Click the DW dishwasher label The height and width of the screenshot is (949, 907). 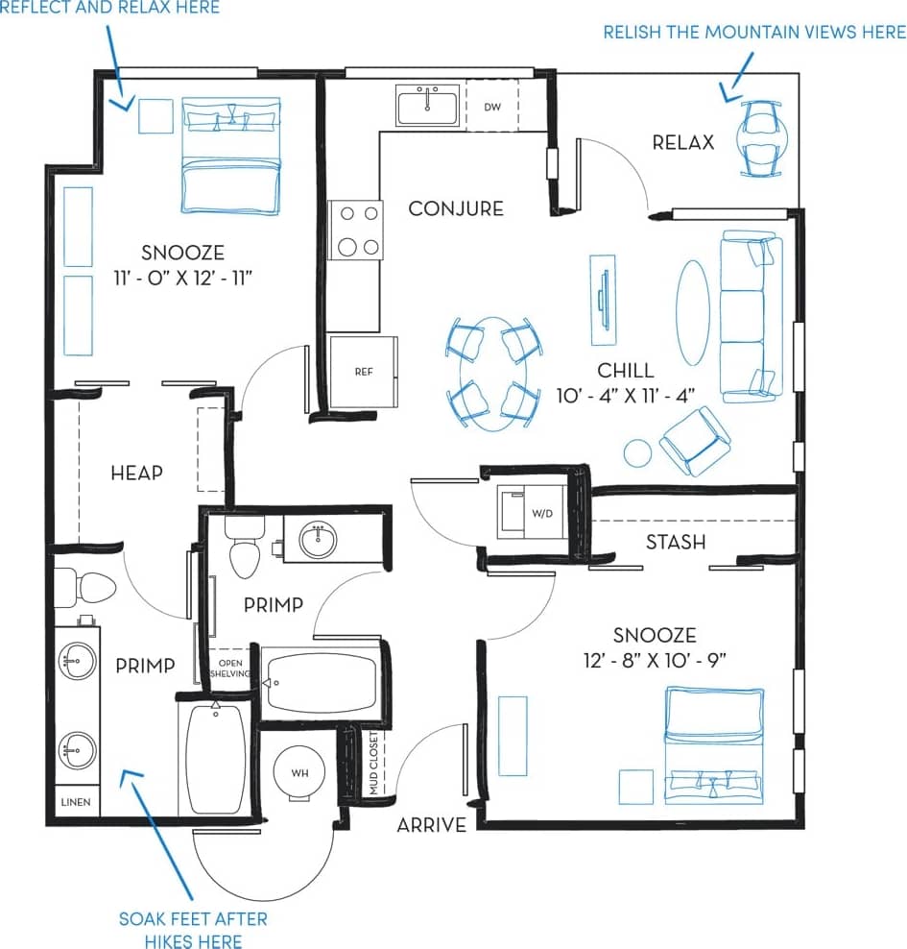[492, 107]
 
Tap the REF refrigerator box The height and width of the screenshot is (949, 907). [363, 372]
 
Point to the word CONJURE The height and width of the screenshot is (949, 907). [456, 208]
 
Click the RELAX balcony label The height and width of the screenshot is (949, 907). [683, 142]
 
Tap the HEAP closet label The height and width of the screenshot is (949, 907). [136, 473]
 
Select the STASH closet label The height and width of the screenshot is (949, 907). [676, 542]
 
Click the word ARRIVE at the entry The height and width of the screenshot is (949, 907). [432, 824]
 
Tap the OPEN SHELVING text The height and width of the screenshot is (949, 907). [231, 669]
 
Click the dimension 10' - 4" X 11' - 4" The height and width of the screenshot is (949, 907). [625, 394]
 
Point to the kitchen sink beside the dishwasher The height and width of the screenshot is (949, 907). [428, 105]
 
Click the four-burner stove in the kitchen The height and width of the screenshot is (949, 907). [355, 231]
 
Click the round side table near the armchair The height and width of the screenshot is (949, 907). [637, 451]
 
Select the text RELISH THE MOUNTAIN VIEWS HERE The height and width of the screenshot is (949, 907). [753, 32]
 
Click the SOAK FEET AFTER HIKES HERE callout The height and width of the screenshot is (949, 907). [193, 930]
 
